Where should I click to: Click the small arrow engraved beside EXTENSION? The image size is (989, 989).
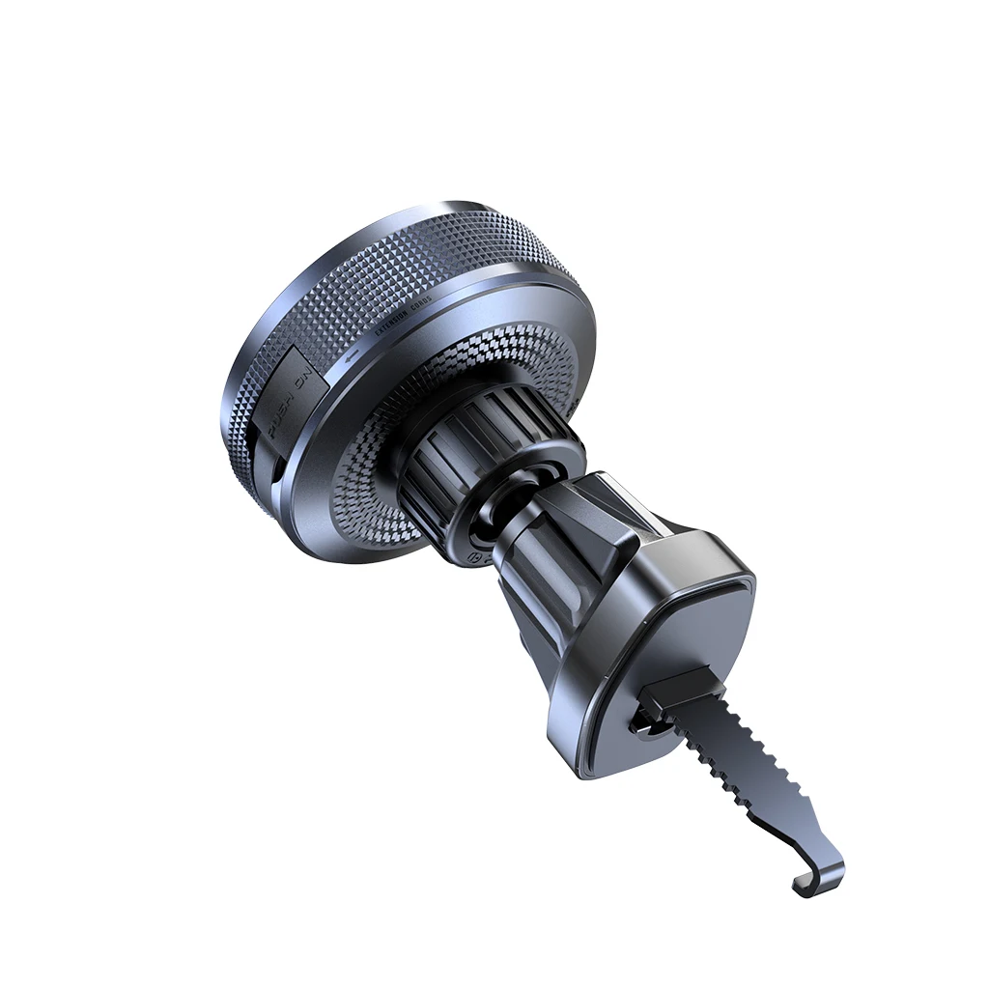coord(352,355)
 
